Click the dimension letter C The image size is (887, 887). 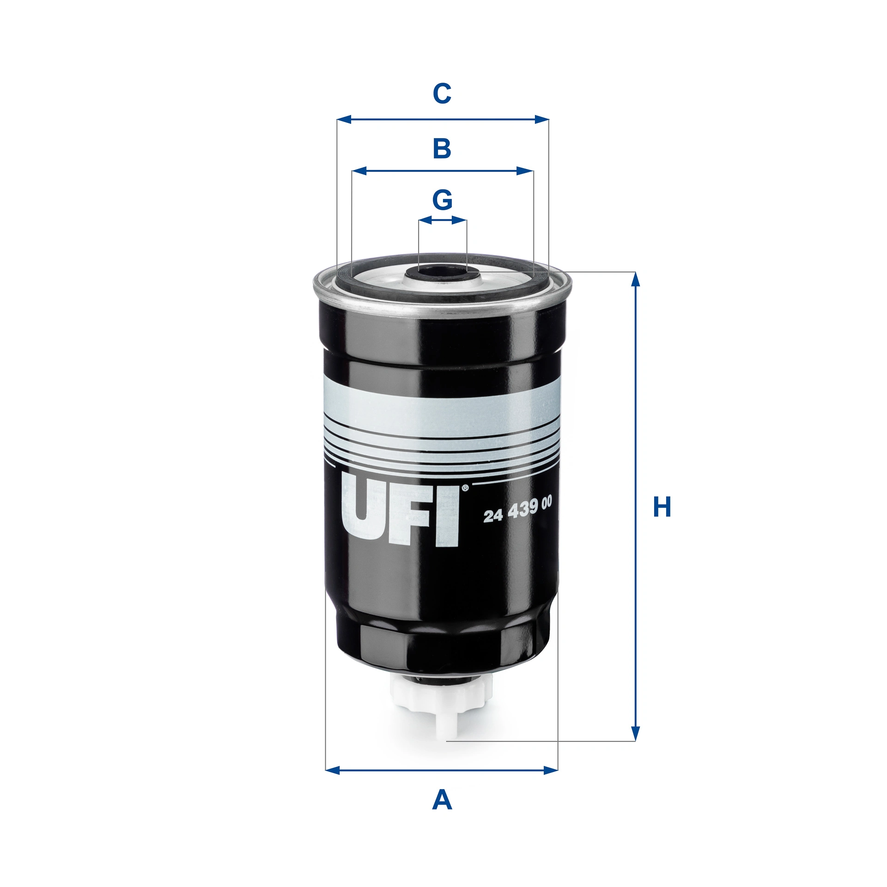click(x=442, y=93)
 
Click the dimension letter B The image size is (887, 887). click(x=442, y=149)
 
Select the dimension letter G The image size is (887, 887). click(x=442, y=200)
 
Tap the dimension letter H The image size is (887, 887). click(x=662, y=507)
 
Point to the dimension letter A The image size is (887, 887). click(x=442, y=800)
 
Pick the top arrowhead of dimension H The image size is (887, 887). click(x=635, y=279)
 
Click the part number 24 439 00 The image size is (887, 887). click(x=517, y=508)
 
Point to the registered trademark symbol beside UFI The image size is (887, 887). click(x=465, y=487)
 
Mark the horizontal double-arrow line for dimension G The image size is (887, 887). click(x=442, y=220)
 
